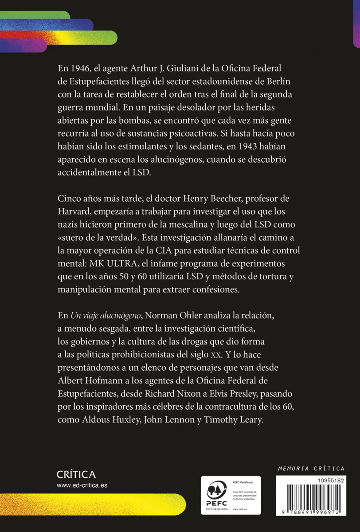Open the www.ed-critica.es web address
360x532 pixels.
tap(82, 485)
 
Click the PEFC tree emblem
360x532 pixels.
tap(217, 490)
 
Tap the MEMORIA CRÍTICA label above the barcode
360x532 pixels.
tap(311, 468)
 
